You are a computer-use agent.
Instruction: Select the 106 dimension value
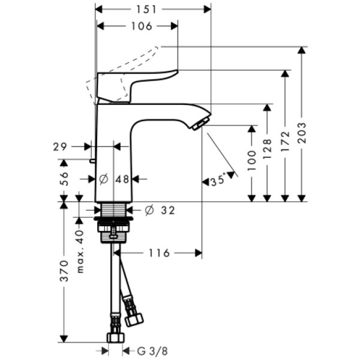click(141, 26)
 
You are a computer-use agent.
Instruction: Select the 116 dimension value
click(159, 253)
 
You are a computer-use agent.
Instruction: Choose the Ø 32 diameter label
click(159, 210)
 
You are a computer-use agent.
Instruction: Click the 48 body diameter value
click(122, 179)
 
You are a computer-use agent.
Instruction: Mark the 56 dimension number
click(64, 178)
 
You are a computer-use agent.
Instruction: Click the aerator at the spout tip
click(198, 124)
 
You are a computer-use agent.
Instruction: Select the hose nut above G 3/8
click(114, 337)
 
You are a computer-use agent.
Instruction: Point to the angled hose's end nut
click(134, 318)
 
